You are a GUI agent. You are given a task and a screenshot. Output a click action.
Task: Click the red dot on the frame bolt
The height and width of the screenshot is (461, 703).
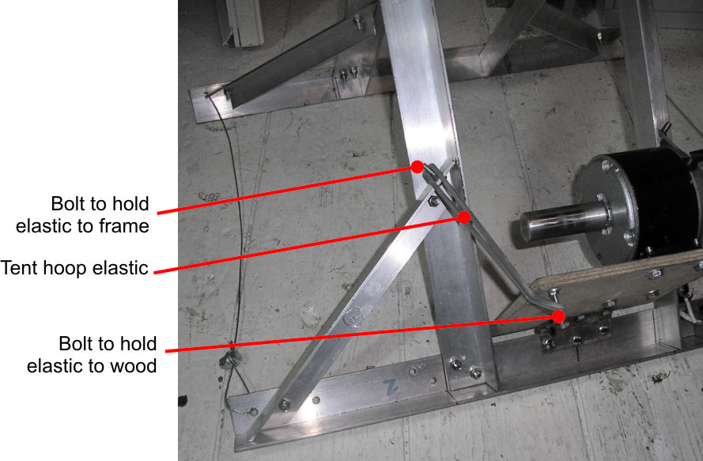tap(418, 167)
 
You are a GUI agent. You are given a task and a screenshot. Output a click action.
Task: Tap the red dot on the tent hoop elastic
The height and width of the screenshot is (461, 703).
tap(464, 217)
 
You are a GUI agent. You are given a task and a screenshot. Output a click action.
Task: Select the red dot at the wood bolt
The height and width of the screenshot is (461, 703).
tap(558, 316)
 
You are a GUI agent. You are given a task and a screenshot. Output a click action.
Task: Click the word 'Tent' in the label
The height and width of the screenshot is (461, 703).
tap(17, 268)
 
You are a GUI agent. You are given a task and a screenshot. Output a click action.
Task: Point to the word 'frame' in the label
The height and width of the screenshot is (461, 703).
tap(124, 226)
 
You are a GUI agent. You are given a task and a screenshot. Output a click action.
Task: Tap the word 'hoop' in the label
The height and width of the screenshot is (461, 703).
tap(62, 269)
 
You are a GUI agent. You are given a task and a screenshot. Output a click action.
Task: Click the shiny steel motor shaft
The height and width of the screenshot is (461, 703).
tap(563, 221)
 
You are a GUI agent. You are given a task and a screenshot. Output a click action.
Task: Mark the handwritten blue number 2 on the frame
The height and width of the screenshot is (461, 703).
tap(391, 387)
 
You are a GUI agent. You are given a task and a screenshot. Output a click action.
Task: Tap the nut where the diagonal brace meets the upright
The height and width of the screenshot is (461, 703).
tap(433, 201)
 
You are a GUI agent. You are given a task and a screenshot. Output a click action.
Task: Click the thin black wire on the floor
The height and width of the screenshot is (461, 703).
tap(236, 225)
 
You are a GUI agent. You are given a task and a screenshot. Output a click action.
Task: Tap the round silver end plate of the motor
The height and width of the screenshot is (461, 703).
tap(605, 207)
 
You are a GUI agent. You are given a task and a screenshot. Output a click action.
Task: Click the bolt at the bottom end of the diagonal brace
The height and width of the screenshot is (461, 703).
tap(284, 406)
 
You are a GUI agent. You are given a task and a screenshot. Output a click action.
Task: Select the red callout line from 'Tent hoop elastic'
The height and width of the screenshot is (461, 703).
tap(309, 245)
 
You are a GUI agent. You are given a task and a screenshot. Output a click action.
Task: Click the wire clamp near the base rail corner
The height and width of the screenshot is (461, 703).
tap(230, 359)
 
